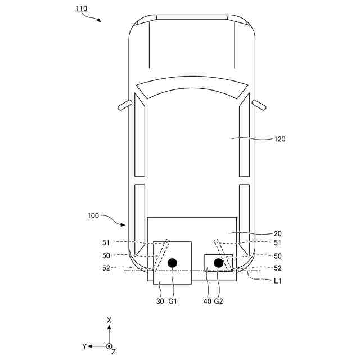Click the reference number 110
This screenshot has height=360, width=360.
tap(82, 8)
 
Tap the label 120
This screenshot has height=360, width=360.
tap(280, 139)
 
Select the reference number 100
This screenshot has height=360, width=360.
tap(93, 215)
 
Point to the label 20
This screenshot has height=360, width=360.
tap(278, 234)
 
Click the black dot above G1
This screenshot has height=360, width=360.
tap(173, 263)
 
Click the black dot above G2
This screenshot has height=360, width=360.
tap(219, 263)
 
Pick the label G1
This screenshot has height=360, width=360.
tap(173, 301)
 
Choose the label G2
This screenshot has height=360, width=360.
tap(219, 301)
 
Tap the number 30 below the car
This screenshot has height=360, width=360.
tap(160, 301)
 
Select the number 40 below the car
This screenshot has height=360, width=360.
tap(207, 301)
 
